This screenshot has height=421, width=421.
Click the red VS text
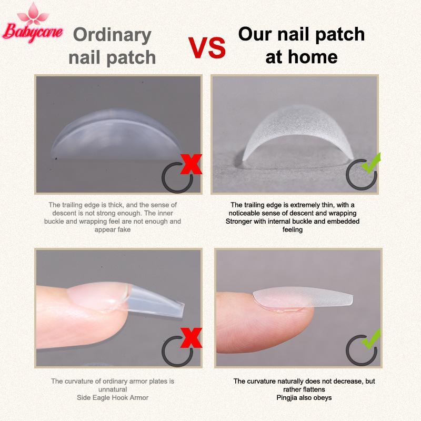click(x=207, y=48)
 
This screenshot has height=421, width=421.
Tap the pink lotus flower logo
click(x=33, y=14)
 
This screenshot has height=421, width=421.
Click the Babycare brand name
click(x=33, y=33)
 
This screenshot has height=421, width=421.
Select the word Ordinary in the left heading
click(x=112, y=36)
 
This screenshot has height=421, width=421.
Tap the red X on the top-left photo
click(x=191, y=164)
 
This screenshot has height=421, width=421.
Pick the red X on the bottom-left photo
click(x=191, y=338)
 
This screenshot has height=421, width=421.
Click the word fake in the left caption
click(x=124, y=230)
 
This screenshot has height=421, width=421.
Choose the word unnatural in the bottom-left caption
click(x=113, y=389)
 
